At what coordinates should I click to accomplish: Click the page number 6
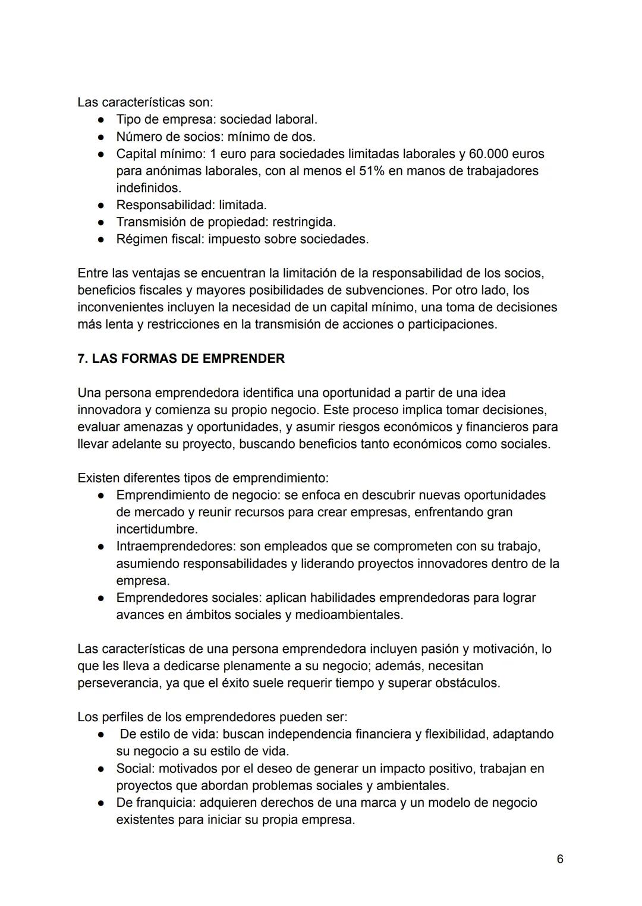pos(559,859)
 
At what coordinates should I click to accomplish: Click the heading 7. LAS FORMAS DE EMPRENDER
pos(181,359)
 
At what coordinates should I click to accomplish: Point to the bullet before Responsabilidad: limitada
pos(102,206)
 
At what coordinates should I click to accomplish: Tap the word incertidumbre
pos(156,529)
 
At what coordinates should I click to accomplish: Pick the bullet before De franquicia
pos(102,803)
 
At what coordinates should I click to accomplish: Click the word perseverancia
pos(115,683)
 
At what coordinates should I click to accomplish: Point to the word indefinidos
pos(148,188)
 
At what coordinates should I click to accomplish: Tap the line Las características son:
pos(144,102)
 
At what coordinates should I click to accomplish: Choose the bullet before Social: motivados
pos(102,769)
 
